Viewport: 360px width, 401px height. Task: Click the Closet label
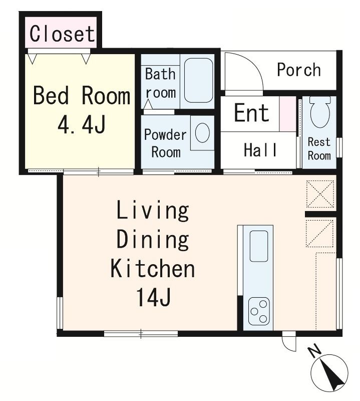(x=63, y=34)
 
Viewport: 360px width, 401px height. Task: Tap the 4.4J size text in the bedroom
(x=82, y=124)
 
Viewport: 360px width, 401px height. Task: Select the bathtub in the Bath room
(x=198, y=81)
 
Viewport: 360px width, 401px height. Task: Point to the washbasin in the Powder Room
(x=202, y=133)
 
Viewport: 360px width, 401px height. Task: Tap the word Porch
(x=299, y=69)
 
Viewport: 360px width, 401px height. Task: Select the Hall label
(x=260, y=149)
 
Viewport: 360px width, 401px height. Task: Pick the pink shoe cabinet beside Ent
(x=287, y=114)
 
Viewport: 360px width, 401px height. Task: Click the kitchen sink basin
(x=258, y=246)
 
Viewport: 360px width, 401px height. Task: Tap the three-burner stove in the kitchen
(x=258, y=311)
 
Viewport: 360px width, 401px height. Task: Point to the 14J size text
(x=153, y=297)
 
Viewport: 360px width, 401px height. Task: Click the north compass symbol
(x=329, y=373)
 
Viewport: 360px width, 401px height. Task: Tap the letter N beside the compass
(x=315, y=351)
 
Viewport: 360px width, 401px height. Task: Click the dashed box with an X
(x=320, y=194)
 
